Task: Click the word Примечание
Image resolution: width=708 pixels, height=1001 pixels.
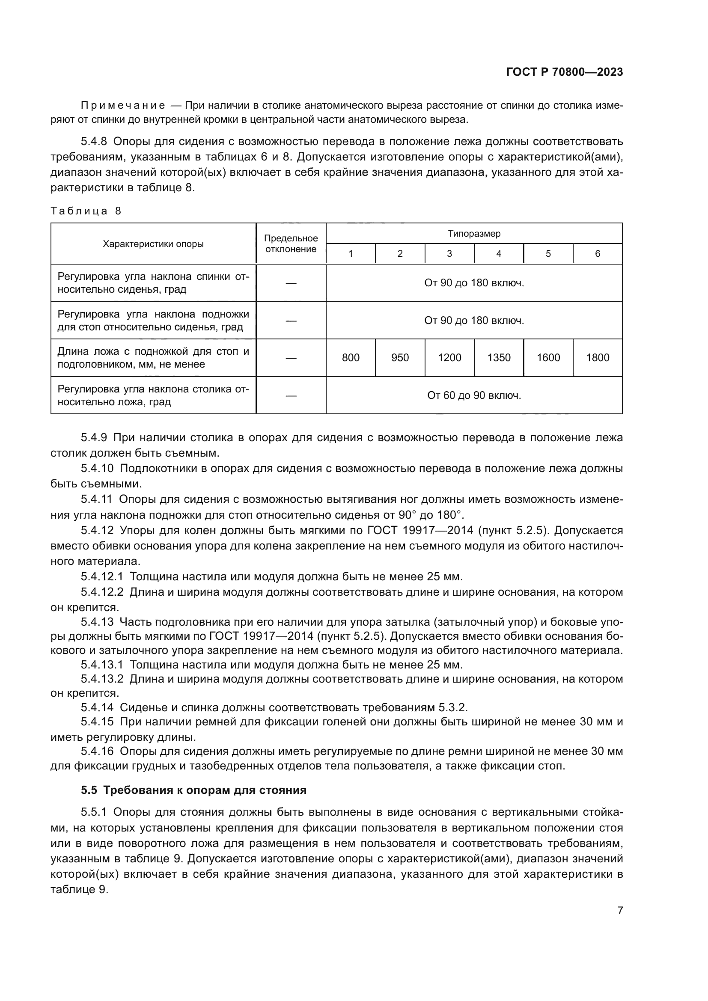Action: coord(123,106)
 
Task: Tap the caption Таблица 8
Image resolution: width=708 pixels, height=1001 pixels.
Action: coord(86,211)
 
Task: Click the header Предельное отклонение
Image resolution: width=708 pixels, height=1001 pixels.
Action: coord(291,244)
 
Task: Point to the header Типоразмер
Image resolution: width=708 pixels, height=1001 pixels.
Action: coord(474,233)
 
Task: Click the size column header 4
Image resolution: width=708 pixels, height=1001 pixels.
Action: coord(499,254)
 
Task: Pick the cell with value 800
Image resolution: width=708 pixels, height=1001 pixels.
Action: coord(351,357)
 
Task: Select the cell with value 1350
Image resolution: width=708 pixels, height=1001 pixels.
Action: coord(499,357)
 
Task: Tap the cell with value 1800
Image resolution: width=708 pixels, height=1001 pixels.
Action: coord(597,357)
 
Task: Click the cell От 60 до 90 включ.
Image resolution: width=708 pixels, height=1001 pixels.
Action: coord(474,395)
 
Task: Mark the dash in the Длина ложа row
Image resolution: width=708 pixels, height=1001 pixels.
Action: coord(291,358)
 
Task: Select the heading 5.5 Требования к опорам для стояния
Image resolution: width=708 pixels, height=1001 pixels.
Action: coord(193,790)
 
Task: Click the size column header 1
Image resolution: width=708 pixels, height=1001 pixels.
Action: coord(351,254)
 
